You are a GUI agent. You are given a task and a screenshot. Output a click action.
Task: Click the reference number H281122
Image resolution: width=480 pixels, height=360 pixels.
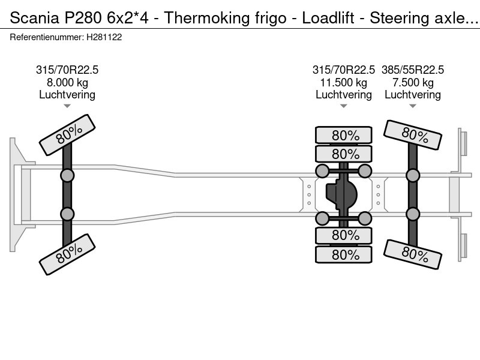coord(105,37)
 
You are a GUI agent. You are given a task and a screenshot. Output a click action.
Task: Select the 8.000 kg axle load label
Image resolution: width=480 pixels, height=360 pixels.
coord(67,82)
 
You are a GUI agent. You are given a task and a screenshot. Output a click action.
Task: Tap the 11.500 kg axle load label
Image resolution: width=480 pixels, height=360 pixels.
coord(343,82)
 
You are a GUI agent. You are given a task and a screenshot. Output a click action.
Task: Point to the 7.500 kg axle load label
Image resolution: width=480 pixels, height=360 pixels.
coord(412,82)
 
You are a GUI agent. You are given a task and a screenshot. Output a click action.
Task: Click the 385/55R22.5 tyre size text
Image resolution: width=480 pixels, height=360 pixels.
coord(412,70)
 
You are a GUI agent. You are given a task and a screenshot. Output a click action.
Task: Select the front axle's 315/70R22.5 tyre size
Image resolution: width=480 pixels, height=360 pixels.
coord(67,70)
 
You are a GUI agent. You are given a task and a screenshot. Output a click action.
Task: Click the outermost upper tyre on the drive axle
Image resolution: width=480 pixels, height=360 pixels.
coord(344,135)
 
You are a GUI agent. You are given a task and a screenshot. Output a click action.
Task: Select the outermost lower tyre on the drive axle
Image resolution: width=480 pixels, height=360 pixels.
coord(344,254)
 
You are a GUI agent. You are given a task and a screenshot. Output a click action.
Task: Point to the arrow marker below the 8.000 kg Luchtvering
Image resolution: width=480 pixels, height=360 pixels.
coord(67,106)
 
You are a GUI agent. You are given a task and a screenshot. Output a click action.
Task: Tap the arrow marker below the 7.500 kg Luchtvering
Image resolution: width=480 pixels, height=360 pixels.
coord(412,106)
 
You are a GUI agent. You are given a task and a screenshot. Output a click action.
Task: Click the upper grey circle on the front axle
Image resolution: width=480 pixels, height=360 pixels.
coord(67,175)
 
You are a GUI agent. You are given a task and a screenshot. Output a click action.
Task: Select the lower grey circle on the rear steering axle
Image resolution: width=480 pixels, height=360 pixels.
coord(412,214)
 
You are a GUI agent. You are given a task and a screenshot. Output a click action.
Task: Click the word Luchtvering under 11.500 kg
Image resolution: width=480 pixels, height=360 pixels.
coord(343,94)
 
